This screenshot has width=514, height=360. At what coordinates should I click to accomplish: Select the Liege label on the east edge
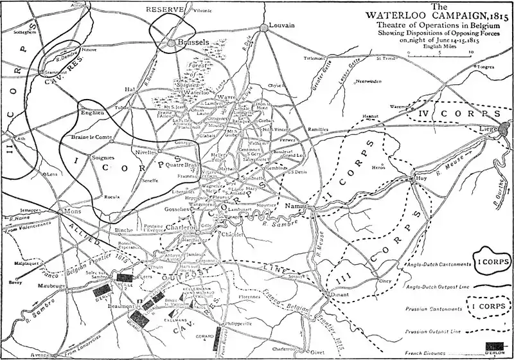click(x=501, y=136)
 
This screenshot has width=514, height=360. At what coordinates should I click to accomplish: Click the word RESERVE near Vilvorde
click(x=165, y=10)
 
